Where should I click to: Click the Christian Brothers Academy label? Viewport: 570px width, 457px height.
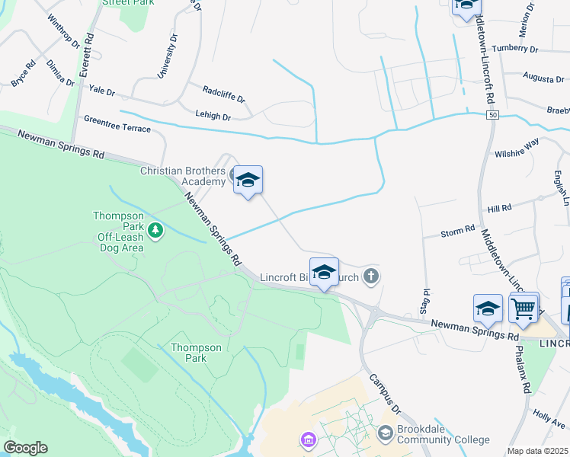pos(183,176)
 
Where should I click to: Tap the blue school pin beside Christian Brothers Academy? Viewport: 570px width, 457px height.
pos(248,181)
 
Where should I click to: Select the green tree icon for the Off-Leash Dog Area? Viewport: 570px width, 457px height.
pos(155,229)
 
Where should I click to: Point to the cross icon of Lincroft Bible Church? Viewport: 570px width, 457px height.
pos(371,276)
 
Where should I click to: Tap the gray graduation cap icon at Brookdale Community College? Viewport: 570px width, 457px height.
pos(386,433)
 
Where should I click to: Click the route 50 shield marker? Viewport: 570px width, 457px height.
pos(494,114)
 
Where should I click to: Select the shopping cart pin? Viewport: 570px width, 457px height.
pos(524,309)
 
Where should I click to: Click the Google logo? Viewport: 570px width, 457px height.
pos(25,448)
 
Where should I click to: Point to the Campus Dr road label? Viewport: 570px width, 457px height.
pos(386,392)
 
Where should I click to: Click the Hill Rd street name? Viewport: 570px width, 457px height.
pos(499,208)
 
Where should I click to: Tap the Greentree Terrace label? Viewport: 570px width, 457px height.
pos(117,124)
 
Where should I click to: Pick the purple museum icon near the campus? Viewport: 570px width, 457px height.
pos(308,439)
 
